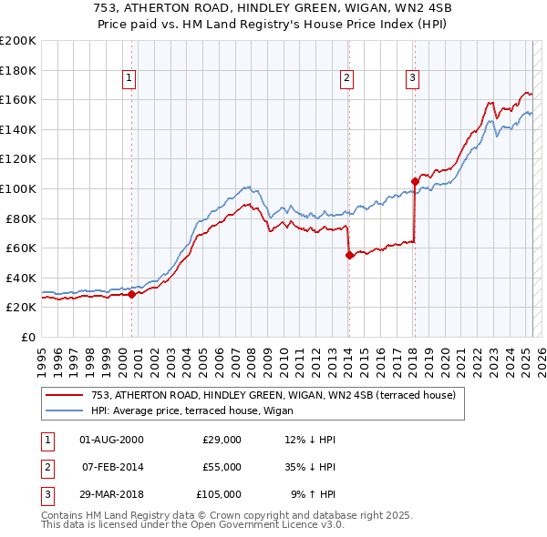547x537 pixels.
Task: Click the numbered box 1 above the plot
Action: click(x=130, y=79)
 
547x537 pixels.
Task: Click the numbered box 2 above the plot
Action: click(x=347, y=79)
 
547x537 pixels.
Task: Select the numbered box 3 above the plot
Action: click(x=413, y=79)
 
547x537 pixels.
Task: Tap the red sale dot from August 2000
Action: click(x=131, y=294)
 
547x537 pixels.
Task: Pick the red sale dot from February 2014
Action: click(x=349, y=256)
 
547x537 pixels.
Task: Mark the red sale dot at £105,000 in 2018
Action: click(x=415, y=181)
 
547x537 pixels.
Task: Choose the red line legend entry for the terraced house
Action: click(x=266, y=395)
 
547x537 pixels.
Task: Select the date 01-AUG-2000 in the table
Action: click(x=111, y=440)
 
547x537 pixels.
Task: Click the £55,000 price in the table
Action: click(x=222, y=467)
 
